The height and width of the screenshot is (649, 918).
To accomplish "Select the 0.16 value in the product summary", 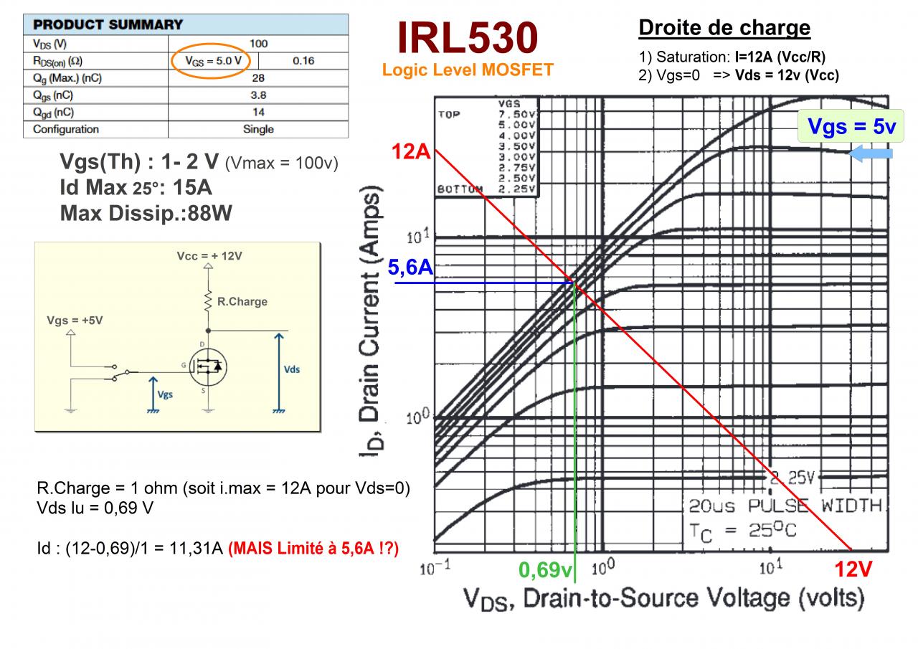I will point(303,61).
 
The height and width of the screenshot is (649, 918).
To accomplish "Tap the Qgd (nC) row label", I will point(54,112).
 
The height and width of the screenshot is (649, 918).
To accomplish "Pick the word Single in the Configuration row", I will point(258,129).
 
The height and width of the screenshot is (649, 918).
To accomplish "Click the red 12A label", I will point(410,152).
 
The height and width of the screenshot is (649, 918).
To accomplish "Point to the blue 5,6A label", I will point(411,268).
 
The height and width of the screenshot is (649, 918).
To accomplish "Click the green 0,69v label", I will point(546,571).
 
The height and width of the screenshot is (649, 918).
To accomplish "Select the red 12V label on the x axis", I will point(853,570).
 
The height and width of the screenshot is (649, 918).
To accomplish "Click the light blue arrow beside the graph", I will point(871,153).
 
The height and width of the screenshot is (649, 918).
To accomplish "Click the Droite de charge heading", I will point(724,28).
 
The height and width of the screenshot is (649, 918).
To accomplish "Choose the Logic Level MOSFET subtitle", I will point(468,70).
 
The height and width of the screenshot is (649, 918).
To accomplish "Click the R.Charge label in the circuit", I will point(242,302).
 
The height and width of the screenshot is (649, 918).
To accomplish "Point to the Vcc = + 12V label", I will point(210,256).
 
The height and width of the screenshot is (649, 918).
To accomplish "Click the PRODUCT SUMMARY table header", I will point(108,24).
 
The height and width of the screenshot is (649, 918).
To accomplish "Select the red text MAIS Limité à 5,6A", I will point(313,549).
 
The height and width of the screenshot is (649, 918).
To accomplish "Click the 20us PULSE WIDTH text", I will point(785,506).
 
